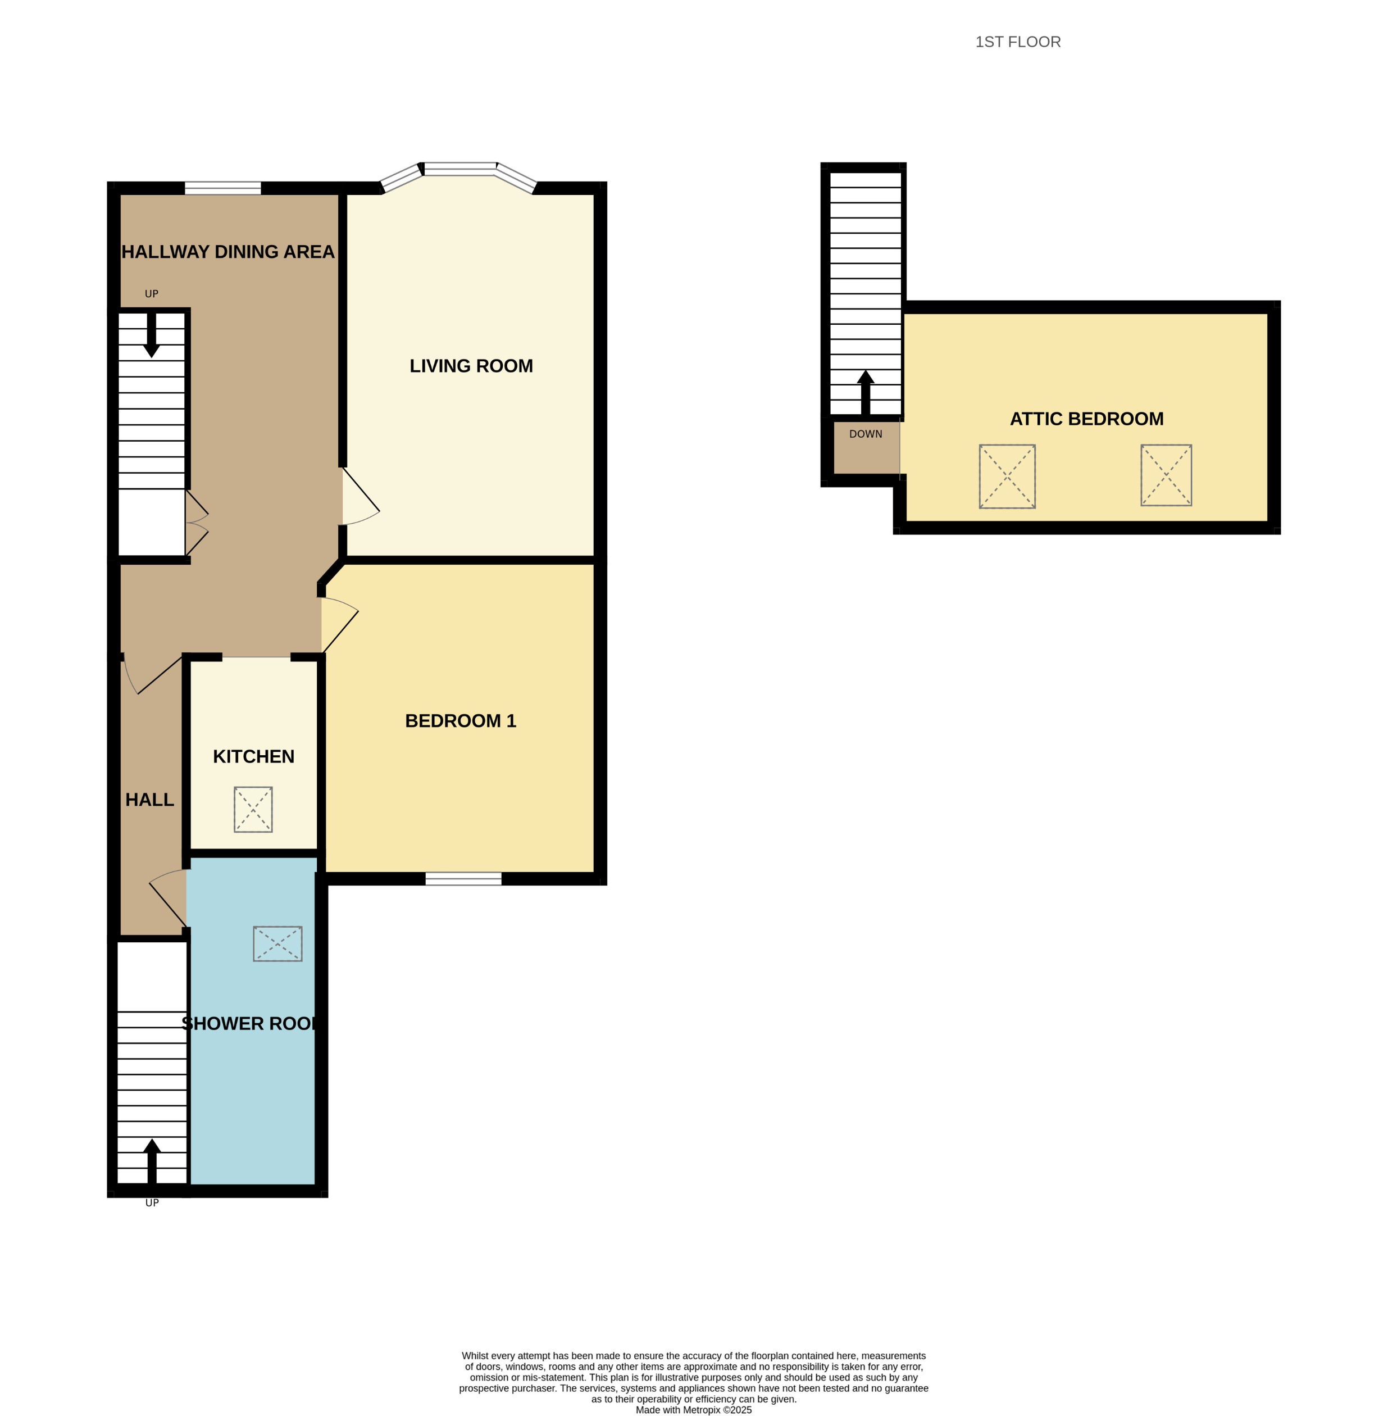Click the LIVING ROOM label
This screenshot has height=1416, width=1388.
[x=471, y=366]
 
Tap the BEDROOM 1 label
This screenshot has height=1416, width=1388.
[x=460, y=721]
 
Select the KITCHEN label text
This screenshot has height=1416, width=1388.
[x=254, y=757]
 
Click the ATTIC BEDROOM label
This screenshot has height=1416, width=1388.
[x=1086, y=419]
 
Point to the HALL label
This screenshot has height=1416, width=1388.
[x=149, y=800]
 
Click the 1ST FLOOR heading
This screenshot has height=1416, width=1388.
[x=1018, y=42]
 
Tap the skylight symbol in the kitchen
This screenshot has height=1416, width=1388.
[x=253, y=809]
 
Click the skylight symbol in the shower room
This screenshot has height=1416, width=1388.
[x=277, y=943]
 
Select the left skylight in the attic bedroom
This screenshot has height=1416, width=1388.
[x=1007, y=476]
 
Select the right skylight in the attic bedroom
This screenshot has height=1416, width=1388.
[x=1166, y=475]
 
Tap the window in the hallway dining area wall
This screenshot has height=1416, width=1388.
[x=222, y=189]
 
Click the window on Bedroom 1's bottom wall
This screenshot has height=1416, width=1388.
[x=463, y=879]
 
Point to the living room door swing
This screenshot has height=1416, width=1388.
[x=359, y=500]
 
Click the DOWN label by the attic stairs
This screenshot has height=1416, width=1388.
[x=865, y=434]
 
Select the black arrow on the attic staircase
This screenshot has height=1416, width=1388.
[x=865, y=392]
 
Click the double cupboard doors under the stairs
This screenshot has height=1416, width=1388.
[x=195, y=523]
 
